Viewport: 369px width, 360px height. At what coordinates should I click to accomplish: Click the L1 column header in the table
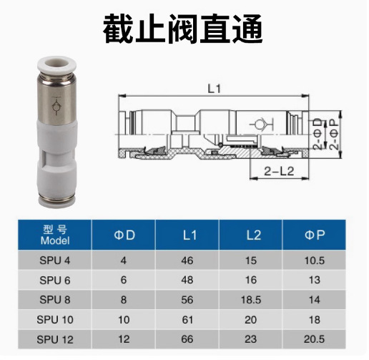tap(189, 234)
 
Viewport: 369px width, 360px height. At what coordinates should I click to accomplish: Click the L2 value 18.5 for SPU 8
tap(252, 300)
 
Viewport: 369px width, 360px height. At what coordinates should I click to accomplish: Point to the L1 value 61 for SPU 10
tap(189, 319)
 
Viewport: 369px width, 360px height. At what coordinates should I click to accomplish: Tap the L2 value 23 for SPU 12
tap(252, 339)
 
